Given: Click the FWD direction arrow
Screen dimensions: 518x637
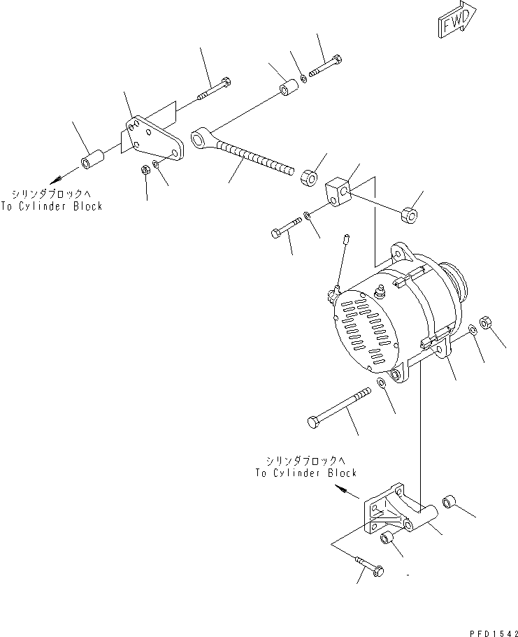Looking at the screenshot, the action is click(457, 20).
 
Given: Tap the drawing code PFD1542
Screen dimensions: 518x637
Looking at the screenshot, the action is click(494, 633).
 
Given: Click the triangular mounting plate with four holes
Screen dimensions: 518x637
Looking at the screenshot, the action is click(154, 139).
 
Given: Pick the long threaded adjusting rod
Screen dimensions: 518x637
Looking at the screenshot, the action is click(243, 152).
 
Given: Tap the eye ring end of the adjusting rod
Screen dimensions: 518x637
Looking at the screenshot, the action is click(200, 138).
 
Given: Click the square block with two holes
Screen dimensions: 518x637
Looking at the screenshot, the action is click(338, 192).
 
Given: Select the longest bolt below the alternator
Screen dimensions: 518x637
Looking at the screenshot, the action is click(339, 408).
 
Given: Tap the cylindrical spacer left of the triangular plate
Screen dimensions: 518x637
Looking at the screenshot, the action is click(93, 159).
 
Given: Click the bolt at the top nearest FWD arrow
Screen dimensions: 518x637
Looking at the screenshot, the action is click(325, 66).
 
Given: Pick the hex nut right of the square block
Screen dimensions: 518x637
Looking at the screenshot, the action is click(410, 214).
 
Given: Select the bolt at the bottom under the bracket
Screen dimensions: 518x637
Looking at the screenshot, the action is click(369, 566).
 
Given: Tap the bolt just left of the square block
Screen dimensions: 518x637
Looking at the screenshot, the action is click(286, 227).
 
